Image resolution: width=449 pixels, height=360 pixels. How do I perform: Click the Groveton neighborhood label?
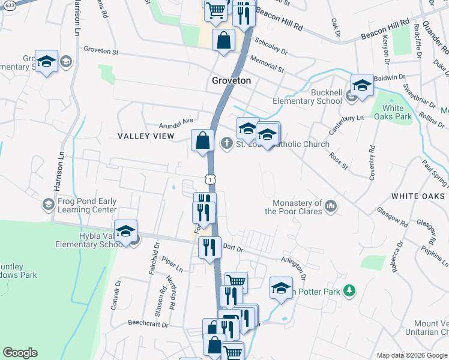click(231, 80)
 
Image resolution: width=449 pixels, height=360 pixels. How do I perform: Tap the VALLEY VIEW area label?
click(145, 136)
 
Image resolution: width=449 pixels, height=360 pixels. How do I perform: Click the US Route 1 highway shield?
click(209, 179)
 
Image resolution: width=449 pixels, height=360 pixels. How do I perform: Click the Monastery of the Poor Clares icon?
click(330, 207)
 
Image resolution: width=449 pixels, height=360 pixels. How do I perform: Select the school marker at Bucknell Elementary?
click(362, 86)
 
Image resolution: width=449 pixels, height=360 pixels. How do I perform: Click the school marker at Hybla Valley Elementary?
click(126, 232)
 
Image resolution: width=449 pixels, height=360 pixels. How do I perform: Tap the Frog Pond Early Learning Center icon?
click(47, 205)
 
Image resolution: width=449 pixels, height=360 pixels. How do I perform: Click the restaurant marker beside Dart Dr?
click(209, 247)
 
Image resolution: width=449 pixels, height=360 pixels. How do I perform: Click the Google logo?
click(20, 353)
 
